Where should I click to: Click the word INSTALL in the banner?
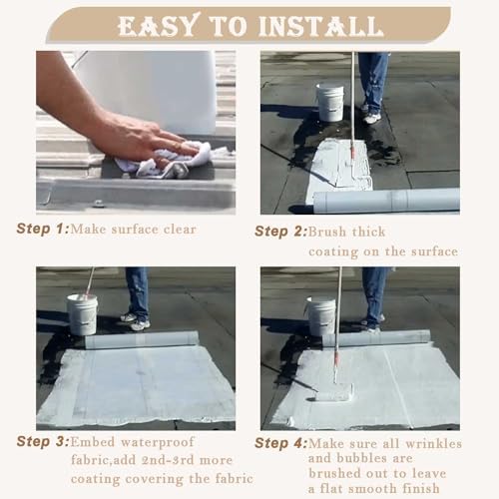pyautogui.click(x=321, y=25)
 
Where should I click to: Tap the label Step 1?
pyautogui.click(x=43, y=229)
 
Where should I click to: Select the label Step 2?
pyautogui.click(x=281, y=232)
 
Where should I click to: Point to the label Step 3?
pyautogui.click(x=43, y=441)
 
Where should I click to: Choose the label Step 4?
pyautogui.click(x=281, y=443)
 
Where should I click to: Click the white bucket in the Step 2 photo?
pyautogui.click(x=330, y=102)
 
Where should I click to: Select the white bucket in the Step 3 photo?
pyautogui.click(x=82, y=314)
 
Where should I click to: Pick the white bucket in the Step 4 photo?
pyautogui.click(x=321, y=316)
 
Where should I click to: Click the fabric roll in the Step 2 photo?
pyautogui.click(x=386, y=201)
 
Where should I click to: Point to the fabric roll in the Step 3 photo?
pyautogui.click(x=142, y=339)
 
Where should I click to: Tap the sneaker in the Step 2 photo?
pyautogui.click(x=372, y=118)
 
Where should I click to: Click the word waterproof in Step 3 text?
pyautogui.click(x=158, y=443)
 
